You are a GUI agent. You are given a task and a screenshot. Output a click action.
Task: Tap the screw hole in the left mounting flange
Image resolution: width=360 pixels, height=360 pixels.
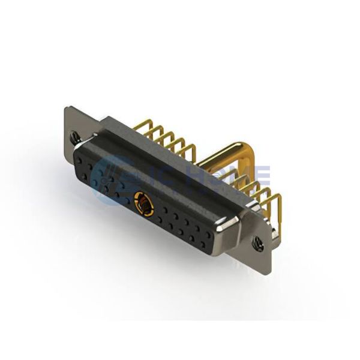click(x=75, y=137)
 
